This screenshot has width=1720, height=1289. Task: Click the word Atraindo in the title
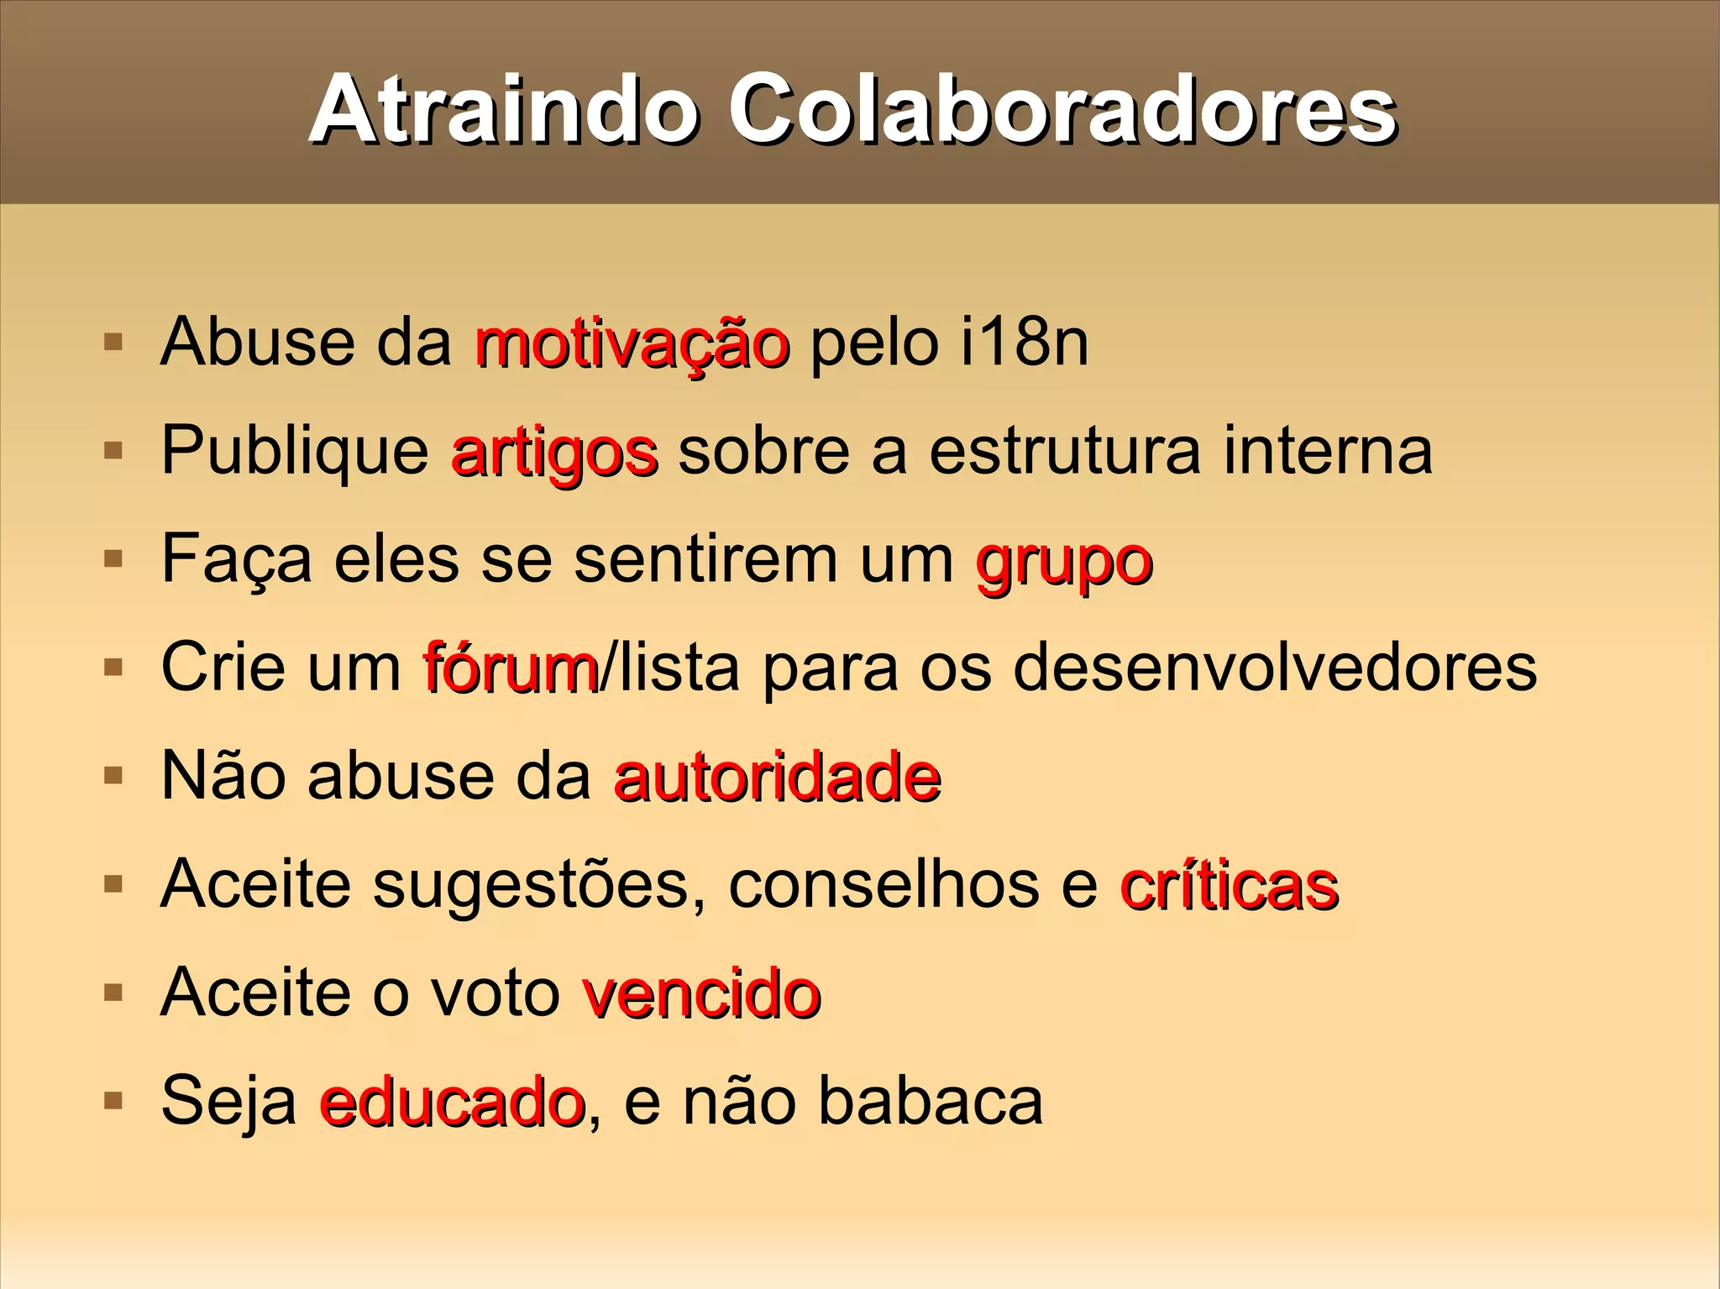(504, 111)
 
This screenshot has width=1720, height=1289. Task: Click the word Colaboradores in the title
(1062, 111)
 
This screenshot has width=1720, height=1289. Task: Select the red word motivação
(632, 344)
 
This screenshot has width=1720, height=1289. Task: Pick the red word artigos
(554, 453)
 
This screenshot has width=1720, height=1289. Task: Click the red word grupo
(1064, 563)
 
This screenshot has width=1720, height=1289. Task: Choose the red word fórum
(511, 668)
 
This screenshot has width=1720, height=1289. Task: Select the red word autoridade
(777, 777)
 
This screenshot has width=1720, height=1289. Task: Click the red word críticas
(1229, 885)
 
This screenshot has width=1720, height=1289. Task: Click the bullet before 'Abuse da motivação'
(113, 343)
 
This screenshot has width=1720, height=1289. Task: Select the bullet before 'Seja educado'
(113, 1100)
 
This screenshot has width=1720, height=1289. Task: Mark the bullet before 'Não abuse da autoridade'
(113, 775)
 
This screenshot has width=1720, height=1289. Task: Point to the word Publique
(295, 453)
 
